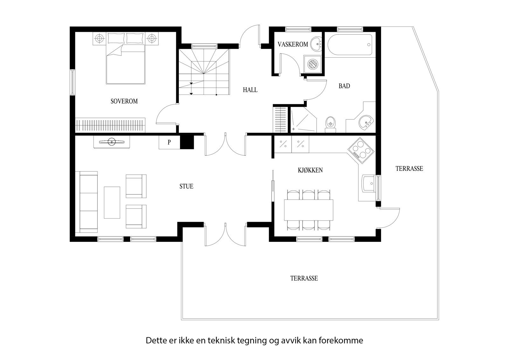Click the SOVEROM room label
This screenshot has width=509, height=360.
(124, 102)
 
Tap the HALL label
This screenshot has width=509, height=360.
(250, 90)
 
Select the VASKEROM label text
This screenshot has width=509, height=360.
(293, 44)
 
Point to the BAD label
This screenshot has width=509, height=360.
(344, 86)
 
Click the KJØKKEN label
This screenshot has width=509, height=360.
(310, 170)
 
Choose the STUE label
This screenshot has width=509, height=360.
(186, 187)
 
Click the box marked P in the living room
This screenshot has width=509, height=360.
(169, 142)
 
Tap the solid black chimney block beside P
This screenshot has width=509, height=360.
(187, 142)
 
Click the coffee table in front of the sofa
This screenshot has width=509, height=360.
(112, 202)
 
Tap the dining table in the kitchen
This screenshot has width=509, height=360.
(308, 210)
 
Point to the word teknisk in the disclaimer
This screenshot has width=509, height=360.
(222, 341)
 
